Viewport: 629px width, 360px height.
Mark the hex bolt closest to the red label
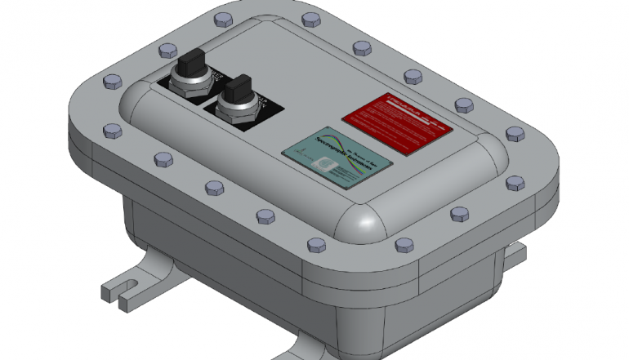click(x=462, y=104)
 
